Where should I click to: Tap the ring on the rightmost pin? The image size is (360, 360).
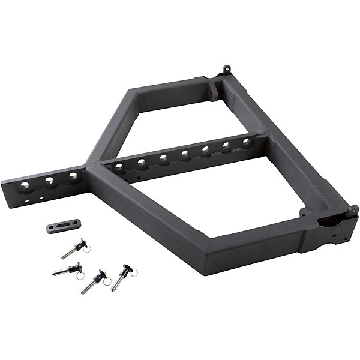click(133, 272)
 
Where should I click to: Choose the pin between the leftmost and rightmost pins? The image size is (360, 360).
click(94, 281)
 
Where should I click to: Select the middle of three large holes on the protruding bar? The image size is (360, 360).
click(49, 180)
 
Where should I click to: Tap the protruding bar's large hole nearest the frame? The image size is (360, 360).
click(73, 175)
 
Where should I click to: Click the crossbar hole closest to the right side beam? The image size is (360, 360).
click(245, 142)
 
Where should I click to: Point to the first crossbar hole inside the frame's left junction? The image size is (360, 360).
click(119, 166)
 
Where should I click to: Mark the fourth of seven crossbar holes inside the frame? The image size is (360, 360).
click(184, 154)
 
